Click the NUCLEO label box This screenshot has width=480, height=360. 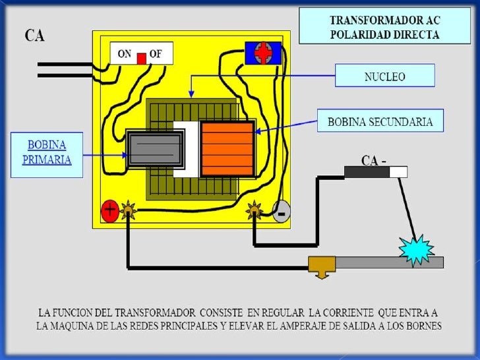pyautogui.click(x=385, y=76)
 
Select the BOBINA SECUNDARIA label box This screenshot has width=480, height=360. pyautogui.click(x=380, y=121)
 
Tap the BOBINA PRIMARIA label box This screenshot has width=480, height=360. pyautogui.click(x=47, y=154)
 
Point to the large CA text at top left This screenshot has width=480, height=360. pyautogui.click(x=35, y=35)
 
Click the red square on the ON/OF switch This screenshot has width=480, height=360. pyautogui.click(x=141, y=58)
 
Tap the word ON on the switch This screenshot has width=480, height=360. pyautogui.click(x=125, y=55)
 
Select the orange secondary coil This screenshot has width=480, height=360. pyautogui.click(x=227, y=149)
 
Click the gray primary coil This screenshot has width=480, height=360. pyautogui.click(x=154, y=149)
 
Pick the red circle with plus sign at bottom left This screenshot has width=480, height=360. pyautogui.click(x=109, y=211)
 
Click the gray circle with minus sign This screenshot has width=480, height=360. pyautogui.click(x=282, y=213)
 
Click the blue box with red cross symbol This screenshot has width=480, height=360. pyautogui.click(x=262, y=53)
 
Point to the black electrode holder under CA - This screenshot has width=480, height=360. pyautogui.click(x=367, y=172)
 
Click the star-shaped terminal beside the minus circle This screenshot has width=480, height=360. pyautogui.click(x=255, y=211)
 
